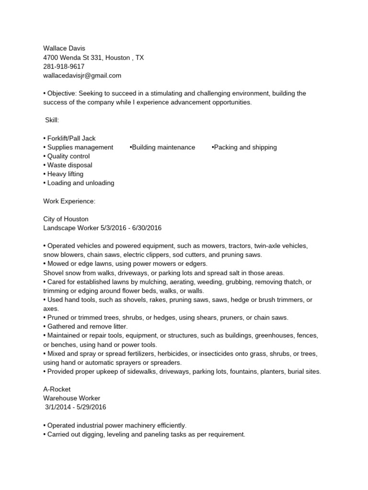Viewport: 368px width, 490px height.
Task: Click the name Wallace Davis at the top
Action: (64, 49)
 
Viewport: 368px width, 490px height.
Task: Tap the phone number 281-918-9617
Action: (64, 67)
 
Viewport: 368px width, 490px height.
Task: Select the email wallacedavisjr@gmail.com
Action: (82, 76)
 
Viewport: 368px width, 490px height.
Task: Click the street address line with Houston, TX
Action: (93, 58)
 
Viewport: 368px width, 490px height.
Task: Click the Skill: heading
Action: (52, 120)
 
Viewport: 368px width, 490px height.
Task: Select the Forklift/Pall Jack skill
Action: (71, 138)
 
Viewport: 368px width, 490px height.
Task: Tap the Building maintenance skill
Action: (163, 147)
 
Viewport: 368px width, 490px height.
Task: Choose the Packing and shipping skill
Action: (245, 147)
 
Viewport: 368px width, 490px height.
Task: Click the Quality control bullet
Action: (68, 156)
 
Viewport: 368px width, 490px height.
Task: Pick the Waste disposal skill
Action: (69, 165)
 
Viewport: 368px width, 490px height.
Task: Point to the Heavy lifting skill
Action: (65, 174)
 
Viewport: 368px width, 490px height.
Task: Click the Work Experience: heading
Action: (69, 201)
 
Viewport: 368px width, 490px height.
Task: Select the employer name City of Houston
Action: (66, 219)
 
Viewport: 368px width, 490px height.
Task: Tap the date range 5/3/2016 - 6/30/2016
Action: (131, 228)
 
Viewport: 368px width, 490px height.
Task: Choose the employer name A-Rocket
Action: (57, 389)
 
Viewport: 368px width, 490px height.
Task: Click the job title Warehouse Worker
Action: (72, 398)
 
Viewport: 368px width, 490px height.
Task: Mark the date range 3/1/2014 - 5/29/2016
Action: (76, 407)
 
